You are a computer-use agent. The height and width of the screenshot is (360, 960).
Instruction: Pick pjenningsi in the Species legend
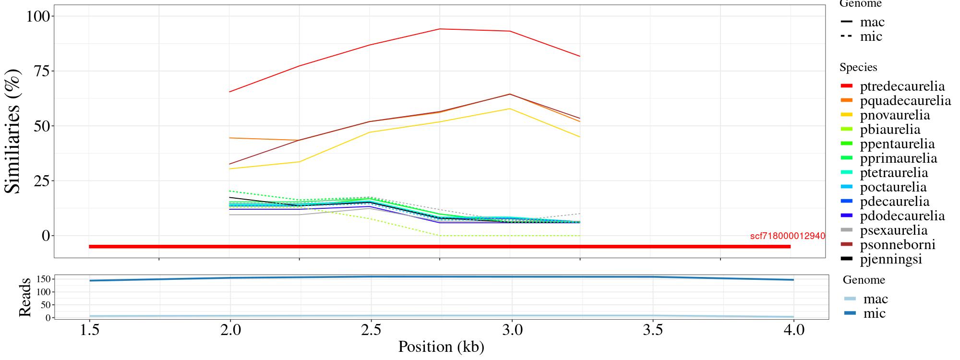pos(891,259)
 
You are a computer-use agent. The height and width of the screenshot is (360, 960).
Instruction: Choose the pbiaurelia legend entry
pos(890,130)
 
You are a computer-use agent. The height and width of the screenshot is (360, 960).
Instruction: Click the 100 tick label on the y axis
pos(37,16)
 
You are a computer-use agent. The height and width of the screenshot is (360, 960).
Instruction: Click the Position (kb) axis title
pos(441,347)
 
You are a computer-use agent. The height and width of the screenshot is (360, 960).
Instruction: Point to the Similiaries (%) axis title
pos(13,131)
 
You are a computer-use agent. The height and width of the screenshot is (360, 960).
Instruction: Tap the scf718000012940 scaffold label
pos(787,236)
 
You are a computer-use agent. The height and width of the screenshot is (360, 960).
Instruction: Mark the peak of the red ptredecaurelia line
pos(440,29)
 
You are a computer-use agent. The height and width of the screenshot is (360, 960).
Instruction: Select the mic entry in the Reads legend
pos(874,313)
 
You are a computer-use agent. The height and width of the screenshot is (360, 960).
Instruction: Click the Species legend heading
pos(858,68)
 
